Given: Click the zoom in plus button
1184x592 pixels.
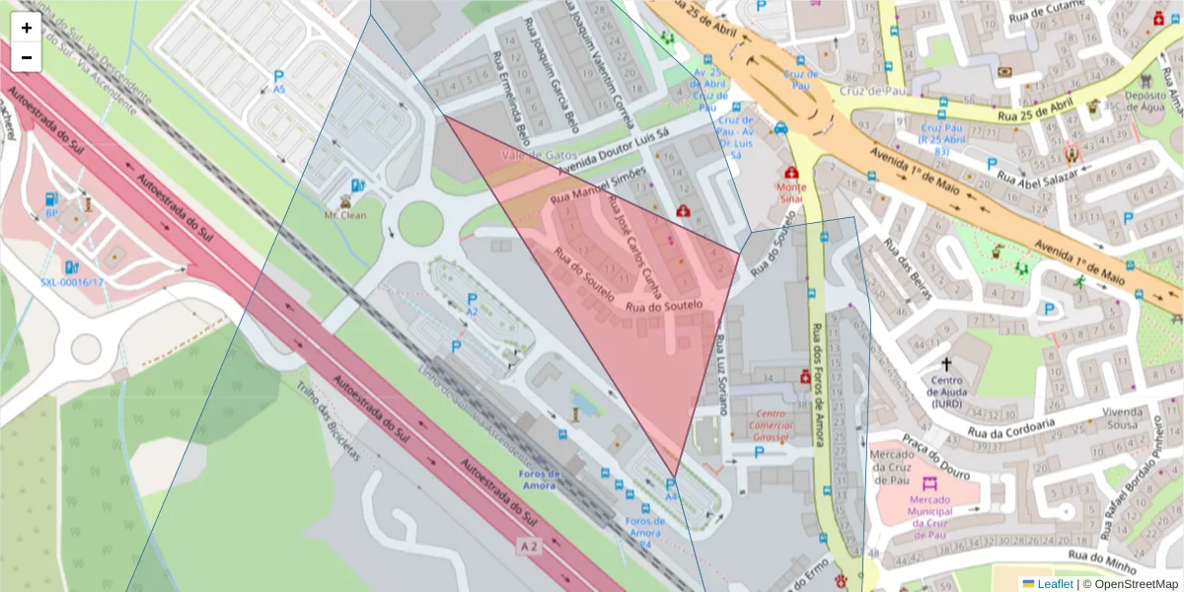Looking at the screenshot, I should pyautogui.click(x=27, y=28).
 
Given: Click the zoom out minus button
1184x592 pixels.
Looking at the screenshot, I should pyautogui.click(x=27, y=57).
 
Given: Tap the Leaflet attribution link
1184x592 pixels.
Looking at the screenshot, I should pyautogui.click(x=1054, y=584).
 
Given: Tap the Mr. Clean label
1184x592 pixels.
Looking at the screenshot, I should pyautogui.click(x=346, y=214).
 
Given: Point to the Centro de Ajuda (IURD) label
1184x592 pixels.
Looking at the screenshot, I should pyautogui.click(x=947, y=392).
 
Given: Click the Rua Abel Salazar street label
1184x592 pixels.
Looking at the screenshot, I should pyautogui.click(x=1034, y=179).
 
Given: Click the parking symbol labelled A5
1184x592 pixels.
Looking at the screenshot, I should pyautogui.click(x=279, y=75).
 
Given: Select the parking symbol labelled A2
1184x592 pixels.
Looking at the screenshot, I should pyautogui.click(x=472, y=299).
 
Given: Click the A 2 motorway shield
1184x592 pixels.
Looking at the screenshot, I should pyautogui.click(x=529, y=546).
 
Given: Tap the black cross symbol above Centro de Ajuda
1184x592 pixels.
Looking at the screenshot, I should pyautogui.click(x=947, y=364).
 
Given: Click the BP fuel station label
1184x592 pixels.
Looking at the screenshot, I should pyautogui.click(x=51, y=212).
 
